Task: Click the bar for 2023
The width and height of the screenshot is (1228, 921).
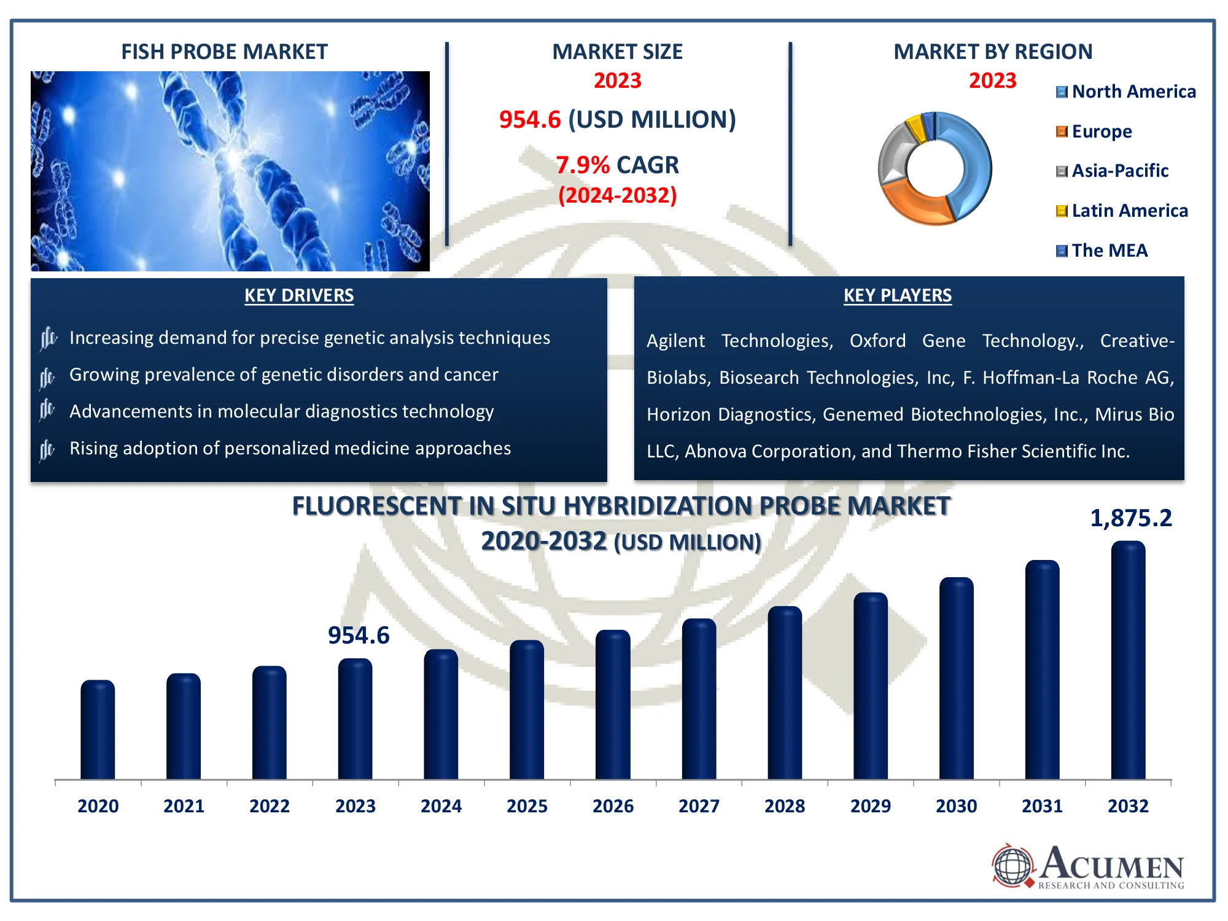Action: point(355,718)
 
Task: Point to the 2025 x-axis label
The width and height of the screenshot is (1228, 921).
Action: point(527,806)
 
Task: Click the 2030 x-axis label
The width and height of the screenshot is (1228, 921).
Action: point(956,806)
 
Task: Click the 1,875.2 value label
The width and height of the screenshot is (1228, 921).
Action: point(1130,518)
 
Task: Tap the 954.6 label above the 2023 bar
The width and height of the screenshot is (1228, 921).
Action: point(359,635)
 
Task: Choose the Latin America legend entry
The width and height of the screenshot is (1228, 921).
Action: point(1122,211)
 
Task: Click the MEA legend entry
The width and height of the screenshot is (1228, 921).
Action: point(1102,251)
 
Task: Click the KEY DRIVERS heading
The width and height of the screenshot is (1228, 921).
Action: point(299,295)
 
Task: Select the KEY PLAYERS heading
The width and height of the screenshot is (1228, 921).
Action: point(897,295)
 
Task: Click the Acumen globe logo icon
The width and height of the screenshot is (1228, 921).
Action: point(1012,866)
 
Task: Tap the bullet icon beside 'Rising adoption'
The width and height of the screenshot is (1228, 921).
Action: point(47,449)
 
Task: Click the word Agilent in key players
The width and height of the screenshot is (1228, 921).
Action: point(675,341)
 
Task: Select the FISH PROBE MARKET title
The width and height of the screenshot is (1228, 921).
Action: point(224,52)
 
